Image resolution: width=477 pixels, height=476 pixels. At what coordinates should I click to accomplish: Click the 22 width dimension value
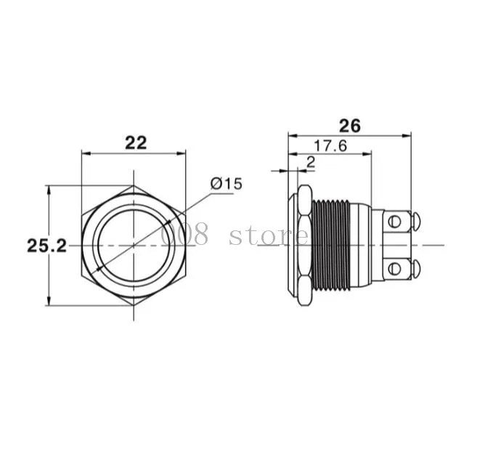136,142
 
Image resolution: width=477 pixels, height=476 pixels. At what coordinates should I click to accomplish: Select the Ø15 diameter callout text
227,184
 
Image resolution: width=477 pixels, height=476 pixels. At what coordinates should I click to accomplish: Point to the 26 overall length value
350,126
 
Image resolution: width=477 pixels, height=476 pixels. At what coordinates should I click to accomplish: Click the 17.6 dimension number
330,146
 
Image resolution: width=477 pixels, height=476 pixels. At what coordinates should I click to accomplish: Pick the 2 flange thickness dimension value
311,163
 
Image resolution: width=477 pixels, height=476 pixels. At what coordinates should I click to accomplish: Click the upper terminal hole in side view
394,222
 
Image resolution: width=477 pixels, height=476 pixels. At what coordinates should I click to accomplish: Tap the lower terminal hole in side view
394,268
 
